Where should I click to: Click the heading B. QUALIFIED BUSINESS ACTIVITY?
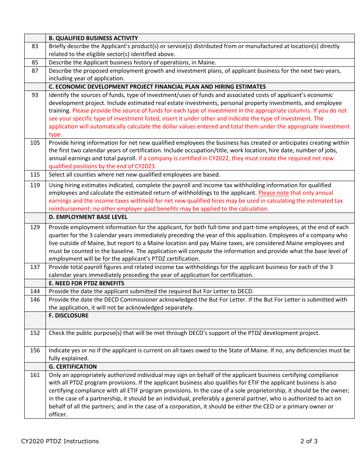(x=93, y=38)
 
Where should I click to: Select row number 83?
(x=35, y=46)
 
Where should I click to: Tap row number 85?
(x=35, y=63)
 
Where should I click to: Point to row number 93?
(x=35, y=95)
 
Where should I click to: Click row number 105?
(x=35, y=143)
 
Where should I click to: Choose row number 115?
(x=35, y=175)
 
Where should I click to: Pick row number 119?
(x=35, y=185)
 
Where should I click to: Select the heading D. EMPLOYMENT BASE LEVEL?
(x=88, y=217)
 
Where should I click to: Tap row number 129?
(x=35, y=227)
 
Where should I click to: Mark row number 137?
(x=35, y=267)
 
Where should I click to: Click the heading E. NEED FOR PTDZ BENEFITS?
(x=86, y=283)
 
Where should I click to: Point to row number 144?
(x=35, y=291)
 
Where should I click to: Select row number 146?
(x=35, y=300)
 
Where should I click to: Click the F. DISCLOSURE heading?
(x=69, y=316)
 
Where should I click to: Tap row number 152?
(x=35, y=333)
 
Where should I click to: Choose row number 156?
(x=35, y=350)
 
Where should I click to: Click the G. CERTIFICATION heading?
(x=73, y=366)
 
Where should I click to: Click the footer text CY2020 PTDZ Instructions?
(x=60, y=441)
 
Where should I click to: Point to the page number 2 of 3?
(x=309, y=441)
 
